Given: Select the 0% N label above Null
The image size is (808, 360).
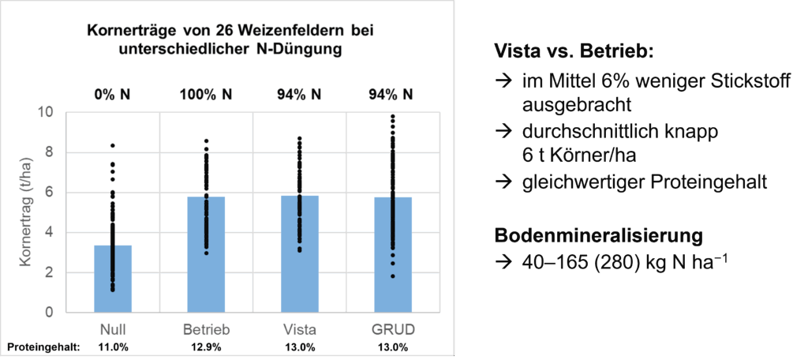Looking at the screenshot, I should coord(113,96).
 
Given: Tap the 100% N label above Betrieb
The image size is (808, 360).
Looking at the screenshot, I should coord(206,96).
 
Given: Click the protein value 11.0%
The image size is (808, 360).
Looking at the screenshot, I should coord(113,347).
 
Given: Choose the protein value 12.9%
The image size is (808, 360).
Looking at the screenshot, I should coord(206,347).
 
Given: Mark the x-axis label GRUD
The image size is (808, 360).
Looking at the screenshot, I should coord(392,328).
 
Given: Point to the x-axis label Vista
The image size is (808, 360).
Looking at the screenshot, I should coord(299,328).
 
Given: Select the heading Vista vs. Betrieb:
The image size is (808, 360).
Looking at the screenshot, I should coord(574,51).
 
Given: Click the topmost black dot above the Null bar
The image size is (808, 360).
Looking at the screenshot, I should coord(113,145).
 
